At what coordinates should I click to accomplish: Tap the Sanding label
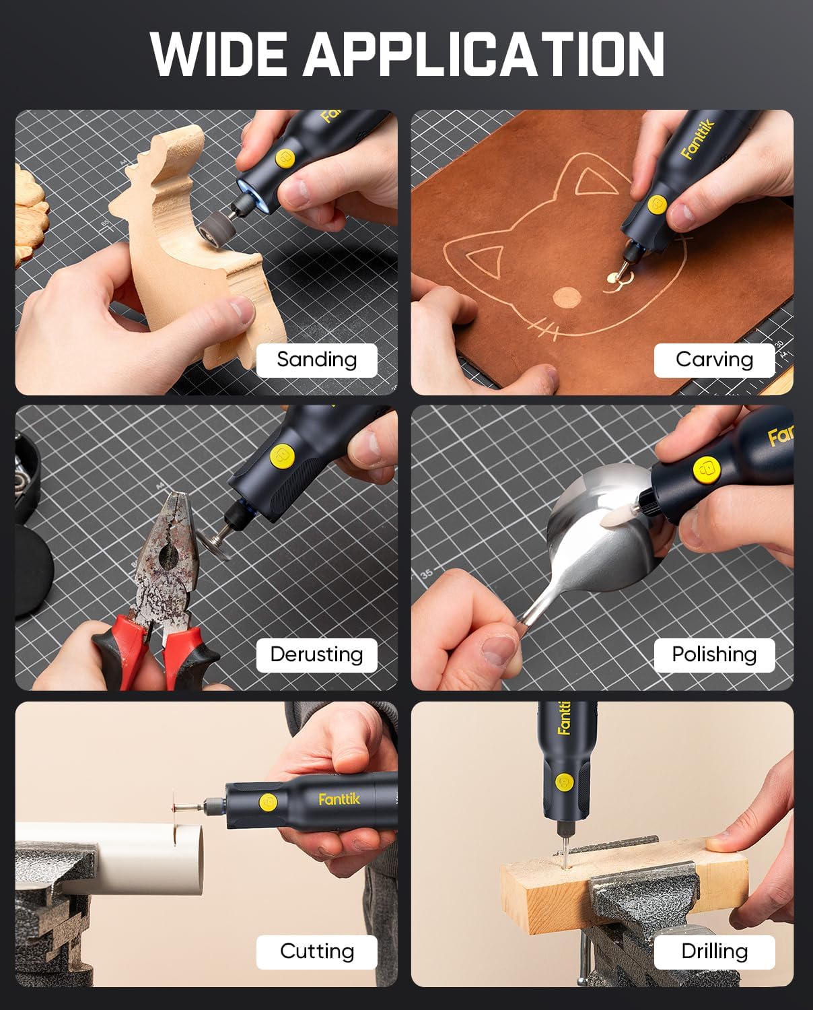317,360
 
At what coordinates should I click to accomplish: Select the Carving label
714,360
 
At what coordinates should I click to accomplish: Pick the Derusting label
317,654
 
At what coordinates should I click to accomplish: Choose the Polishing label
714,654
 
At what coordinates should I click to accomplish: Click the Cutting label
317,952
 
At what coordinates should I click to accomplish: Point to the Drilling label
714,952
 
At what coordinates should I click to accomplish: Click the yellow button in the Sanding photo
284,159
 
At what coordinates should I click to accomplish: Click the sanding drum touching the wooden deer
215,226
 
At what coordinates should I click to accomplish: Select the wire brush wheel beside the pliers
213,541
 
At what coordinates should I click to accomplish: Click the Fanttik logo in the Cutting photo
339,799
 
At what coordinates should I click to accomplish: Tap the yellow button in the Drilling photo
563,782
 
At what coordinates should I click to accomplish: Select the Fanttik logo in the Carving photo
698,140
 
